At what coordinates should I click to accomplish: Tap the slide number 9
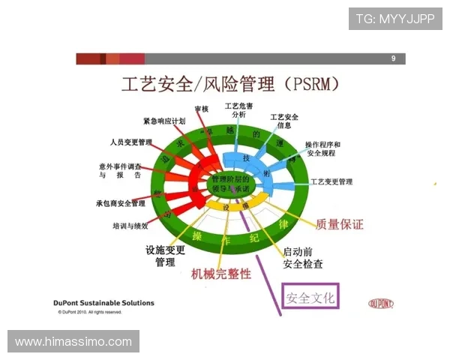click(393, 58)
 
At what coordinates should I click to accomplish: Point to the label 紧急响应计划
click(164, 121)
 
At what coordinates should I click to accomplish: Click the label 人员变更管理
click(130, 142)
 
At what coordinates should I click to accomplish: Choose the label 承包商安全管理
click(121, 203)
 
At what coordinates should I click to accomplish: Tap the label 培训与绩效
click(135, 224)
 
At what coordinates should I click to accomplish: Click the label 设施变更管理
click(165, 256)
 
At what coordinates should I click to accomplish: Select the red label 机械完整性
click(221, 274)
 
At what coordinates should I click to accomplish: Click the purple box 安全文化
click(310, 297)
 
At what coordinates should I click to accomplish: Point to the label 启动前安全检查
click(303, 257)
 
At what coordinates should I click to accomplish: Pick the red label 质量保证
click(340, 224)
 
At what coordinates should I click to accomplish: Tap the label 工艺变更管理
click(331, 181)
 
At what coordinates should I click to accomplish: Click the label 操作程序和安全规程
click(322, 149)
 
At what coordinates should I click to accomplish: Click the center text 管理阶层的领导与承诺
click(232, 184)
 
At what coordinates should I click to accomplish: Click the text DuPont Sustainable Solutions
click(104, 303)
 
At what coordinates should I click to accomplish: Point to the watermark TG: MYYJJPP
click(395, 18)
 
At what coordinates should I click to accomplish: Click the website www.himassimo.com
click(73, 342)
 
